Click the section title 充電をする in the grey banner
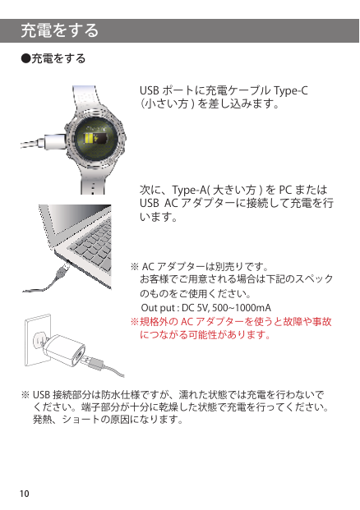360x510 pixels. pos(60,31)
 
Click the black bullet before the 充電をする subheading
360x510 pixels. pos(25,60)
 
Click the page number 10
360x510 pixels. pos(25,493)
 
